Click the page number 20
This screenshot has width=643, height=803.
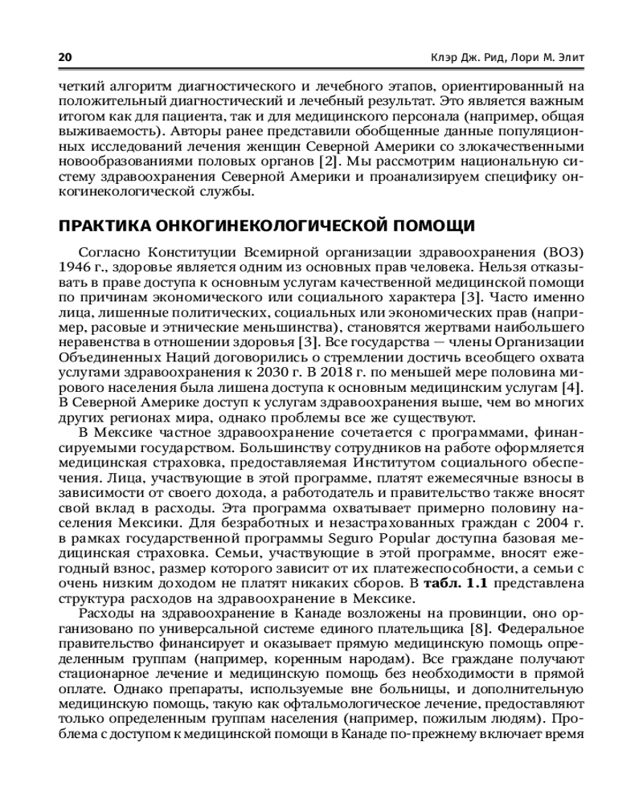point(65,59)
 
